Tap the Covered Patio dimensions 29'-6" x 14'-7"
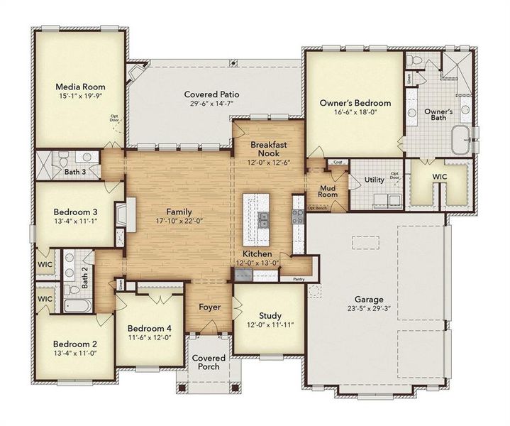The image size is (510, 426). click(211, 104)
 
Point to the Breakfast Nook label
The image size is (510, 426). click(269, 148)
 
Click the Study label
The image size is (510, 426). click(270, 316)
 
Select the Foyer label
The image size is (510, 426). click(209, 307)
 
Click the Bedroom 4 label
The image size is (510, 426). click(149, 328)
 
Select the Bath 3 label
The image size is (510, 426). click(75, 171)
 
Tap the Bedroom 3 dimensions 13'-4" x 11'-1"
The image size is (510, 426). click(74, 221)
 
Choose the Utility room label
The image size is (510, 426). click(375, 180)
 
